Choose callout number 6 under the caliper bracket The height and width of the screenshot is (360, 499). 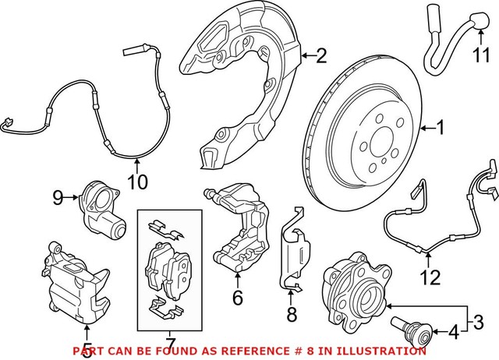[x=238, y=297]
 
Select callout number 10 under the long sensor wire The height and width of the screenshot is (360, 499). [x=136, y=182]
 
